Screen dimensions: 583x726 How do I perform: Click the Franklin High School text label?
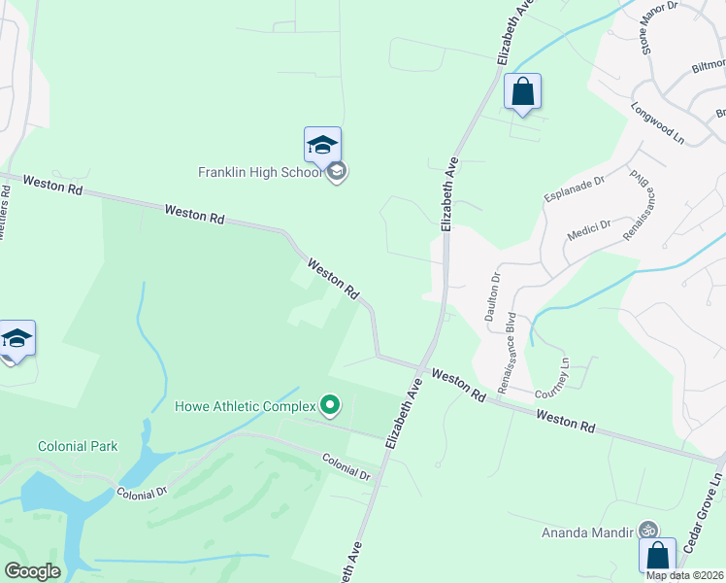[259, 173]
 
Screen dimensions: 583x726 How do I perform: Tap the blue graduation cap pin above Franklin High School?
[322, 146]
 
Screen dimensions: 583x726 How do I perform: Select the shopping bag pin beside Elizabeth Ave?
[522, 92]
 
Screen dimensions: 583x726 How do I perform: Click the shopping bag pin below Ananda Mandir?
[657, 556]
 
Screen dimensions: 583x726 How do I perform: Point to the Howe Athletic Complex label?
[246, 405]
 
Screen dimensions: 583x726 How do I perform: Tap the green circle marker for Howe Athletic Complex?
[330, 404]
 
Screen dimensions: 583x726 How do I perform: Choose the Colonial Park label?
[78, 446]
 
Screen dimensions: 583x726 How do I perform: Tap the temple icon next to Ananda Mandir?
[648, 531]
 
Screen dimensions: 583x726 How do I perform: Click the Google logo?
[31, 571]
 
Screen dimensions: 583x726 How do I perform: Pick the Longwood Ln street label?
[658, 123]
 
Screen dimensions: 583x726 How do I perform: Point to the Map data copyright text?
[685, 575]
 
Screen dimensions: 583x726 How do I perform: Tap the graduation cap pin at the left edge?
[16, 339]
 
